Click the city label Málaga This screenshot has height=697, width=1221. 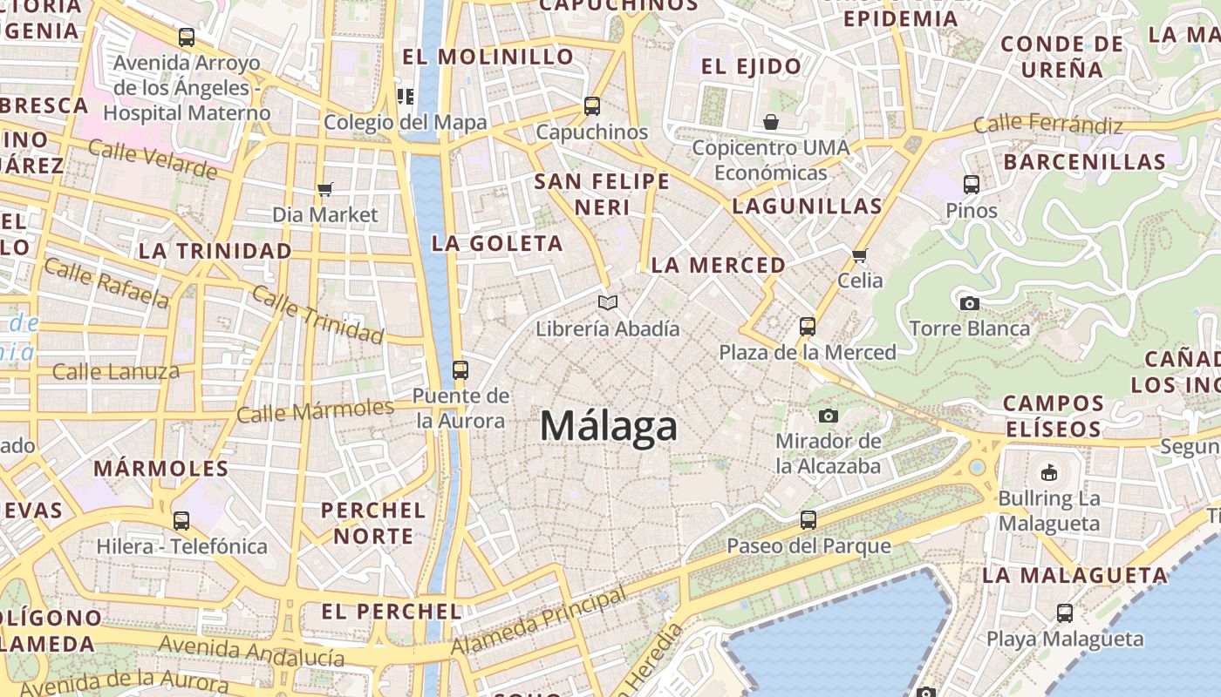(608, 426)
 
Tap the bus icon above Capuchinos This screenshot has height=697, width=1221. (592, 106)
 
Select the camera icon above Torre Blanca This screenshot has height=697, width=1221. (969, 303)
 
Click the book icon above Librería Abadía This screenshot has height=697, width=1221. (608, 302)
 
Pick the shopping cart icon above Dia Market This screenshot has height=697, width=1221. (325, 189)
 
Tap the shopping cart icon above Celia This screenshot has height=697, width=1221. (860, 255)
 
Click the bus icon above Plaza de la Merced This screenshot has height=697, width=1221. (808, 327)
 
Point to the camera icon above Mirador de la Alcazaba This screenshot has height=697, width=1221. (829, 416)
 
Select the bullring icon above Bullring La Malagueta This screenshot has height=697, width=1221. (1048, 473)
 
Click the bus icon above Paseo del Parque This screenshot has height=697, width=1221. (808, 520)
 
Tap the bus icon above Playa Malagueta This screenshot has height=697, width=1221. (1065, 612)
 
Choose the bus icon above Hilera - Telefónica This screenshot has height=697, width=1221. (181, 520)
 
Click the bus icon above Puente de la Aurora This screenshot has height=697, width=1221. (460, 369)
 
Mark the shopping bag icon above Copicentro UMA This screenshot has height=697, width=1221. (771, 121)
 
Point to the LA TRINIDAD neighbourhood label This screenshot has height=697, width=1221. (215, 251)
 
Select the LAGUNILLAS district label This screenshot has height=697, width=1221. (807, 206)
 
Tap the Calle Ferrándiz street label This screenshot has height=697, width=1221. (1047, 125)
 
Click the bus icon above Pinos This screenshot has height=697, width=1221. (972, 185)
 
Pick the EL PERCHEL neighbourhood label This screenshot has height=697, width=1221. (392, 612)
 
